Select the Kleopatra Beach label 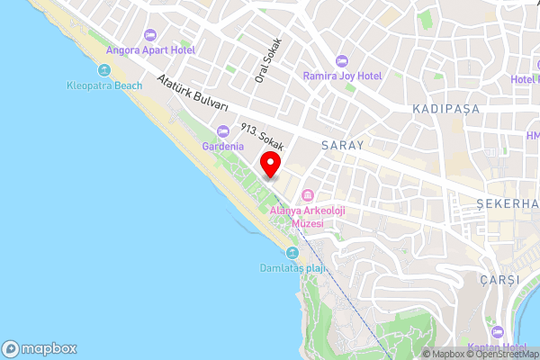coord(103,85)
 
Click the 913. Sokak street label coord(262,137)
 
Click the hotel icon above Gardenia coord(222,131)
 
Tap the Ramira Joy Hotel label coord(342,76)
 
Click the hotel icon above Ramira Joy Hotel coord(341,60)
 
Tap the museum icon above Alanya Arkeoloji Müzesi coord(308,195)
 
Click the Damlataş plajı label coord(292,268)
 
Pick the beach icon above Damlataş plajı coord(292,253)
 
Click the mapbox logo coord(40,348)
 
